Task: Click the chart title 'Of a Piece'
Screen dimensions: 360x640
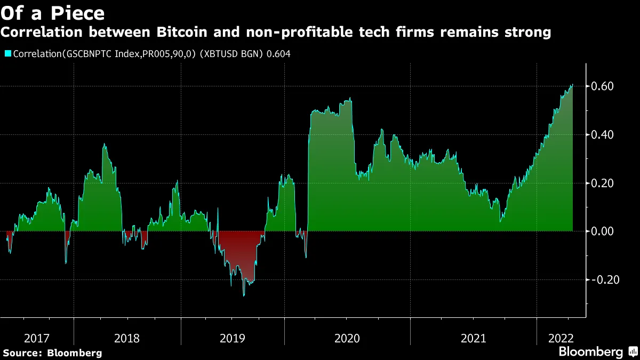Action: [x=52, y=12]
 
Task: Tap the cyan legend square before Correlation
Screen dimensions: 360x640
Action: [x=8, y=54]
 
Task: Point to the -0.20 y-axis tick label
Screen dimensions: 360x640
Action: [x=604, y=280]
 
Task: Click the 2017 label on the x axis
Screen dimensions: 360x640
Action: [x=37, y=338]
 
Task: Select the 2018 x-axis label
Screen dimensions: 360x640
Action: [x=127, y=338]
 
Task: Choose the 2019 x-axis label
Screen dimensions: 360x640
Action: [x=233, y=338]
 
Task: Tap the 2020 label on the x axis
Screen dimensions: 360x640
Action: [x=347, y=338]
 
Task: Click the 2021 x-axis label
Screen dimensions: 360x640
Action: [x=473, y=338]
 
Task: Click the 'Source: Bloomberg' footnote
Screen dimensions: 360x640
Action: [x=52, y=353]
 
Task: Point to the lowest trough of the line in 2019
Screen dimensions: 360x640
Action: [x=244, y=295]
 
